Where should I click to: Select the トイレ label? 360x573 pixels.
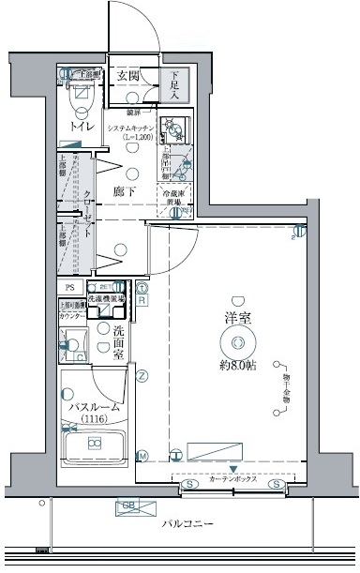(x=77, y=126)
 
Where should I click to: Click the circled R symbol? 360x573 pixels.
(x=142, y=300)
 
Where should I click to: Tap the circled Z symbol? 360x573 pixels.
(x=142, y=377)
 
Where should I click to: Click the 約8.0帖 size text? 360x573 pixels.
(x=237, y=364)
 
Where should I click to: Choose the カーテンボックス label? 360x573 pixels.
(x=234, y=478)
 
